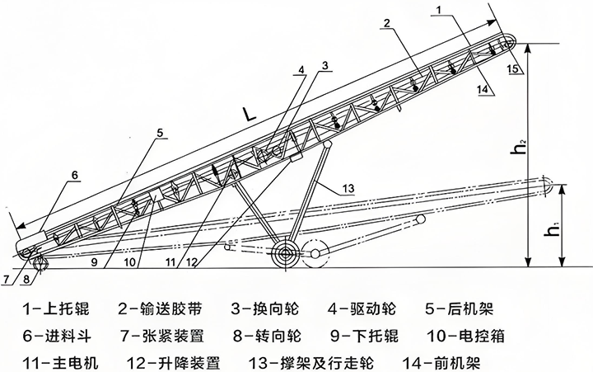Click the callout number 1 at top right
click(441, 9)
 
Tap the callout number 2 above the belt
click(385, 24)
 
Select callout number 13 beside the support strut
click(351, 189)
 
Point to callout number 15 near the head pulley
click(514, 69)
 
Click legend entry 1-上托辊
click(57, 310)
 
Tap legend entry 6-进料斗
click(57, 336)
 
